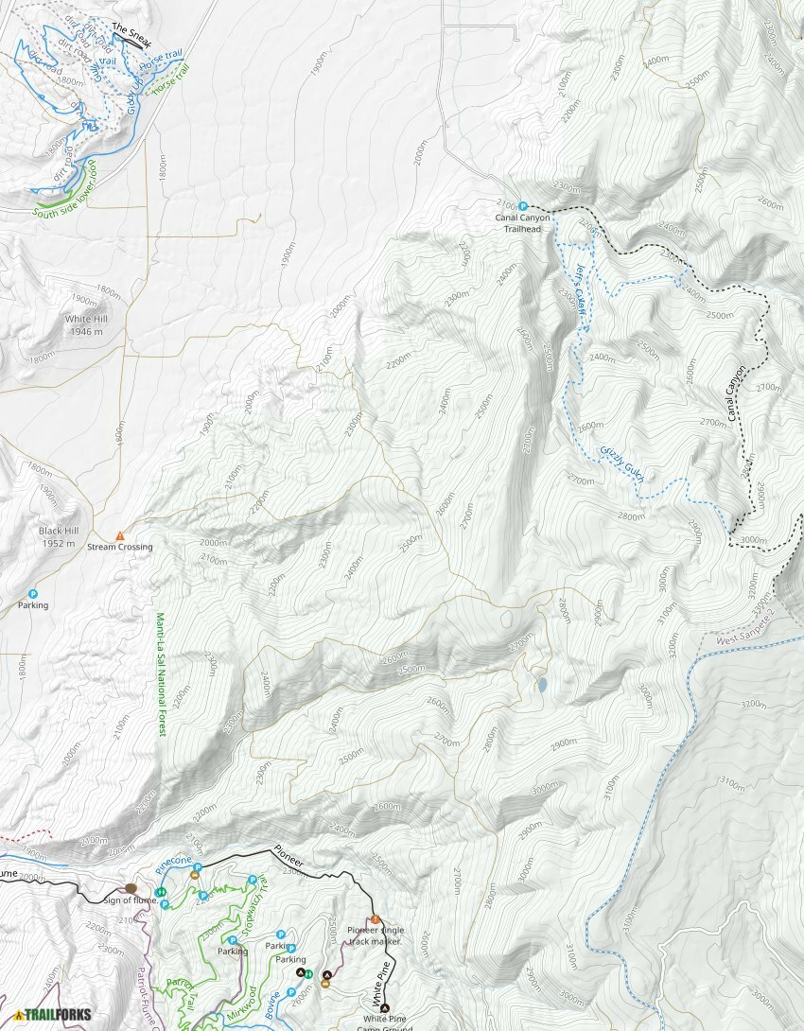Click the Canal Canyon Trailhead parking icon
(x=523, y=204)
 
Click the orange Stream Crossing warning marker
(x=120, y=536)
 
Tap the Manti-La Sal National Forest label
(x=159, y=673)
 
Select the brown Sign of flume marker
(x=131, y=889)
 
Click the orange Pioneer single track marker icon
(x=376, y=918)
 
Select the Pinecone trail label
(x=173, y=865)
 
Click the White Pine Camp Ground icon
(x=385, y=1008)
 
